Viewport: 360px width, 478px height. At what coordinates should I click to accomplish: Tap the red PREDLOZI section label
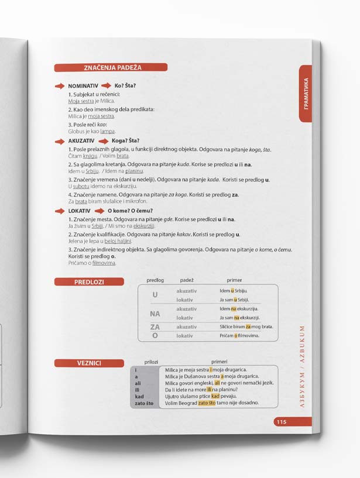tap(89, 282)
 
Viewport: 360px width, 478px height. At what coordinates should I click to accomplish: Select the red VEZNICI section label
tap(89, 363)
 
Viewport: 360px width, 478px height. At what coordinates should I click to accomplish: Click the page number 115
tap(281, 422)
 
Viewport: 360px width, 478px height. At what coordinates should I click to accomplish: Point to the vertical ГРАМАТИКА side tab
tap(306, 94)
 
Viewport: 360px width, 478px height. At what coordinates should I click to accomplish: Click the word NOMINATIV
tap(83, 86)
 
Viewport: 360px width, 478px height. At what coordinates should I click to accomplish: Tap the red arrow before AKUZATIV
tap(60, 141)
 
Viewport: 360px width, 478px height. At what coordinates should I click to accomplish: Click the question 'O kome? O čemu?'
tap(130, 211)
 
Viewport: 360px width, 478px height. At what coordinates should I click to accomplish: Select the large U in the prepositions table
tap(155, 295)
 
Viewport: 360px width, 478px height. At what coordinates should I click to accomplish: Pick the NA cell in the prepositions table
tap(155, 314)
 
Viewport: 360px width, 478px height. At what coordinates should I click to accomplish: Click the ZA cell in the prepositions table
tap(155, 327)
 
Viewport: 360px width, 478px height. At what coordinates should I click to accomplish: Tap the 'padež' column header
tap(187, 280)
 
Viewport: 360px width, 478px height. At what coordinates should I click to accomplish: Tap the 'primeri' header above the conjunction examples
tap(220, 362)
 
